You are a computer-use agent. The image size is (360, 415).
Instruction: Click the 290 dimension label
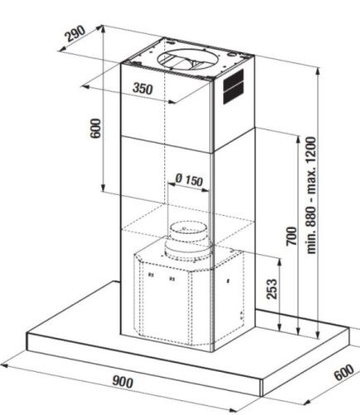75,34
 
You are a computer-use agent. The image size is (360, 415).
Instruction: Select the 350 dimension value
143,89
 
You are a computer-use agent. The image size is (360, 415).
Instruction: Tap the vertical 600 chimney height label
96,128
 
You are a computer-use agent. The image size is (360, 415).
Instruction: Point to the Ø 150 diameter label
189,180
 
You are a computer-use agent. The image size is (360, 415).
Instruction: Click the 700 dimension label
291,236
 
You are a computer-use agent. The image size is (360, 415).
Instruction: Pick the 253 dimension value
271,289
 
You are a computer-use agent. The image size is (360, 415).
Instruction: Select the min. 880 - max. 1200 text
311,195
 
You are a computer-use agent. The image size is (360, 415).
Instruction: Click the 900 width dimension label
123,382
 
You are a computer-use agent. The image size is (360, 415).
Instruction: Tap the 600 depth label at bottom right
343,373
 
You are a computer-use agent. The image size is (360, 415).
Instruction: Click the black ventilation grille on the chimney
233,86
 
